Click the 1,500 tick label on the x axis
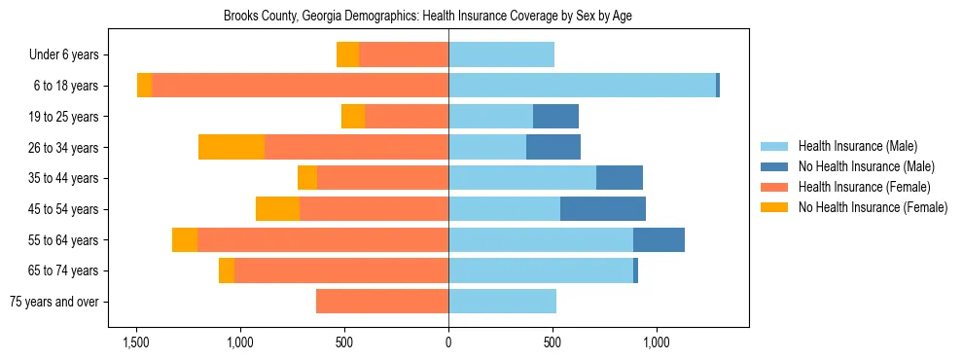(x=135, y=342)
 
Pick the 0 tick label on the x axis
(x=448, y=342)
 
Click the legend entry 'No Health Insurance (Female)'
(x=873, y=207)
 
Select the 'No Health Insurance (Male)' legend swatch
(x=774, y=166)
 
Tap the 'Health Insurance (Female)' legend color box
(x=774, y=187)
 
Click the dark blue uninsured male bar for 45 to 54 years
(x=603, y=209)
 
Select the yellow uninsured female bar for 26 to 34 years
(x=232, y=147)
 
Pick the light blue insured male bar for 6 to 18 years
(x=582, y=86)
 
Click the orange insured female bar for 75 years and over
(x=382, y=302)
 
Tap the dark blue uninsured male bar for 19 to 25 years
(x=555, y=117)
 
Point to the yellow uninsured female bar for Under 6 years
(x=347, y=55)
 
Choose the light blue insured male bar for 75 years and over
(x=502, y=302)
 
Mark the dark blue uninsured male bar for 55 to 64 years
(x=659, y=240)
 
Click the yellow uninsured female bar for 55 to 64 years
(x=185, y=240)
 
